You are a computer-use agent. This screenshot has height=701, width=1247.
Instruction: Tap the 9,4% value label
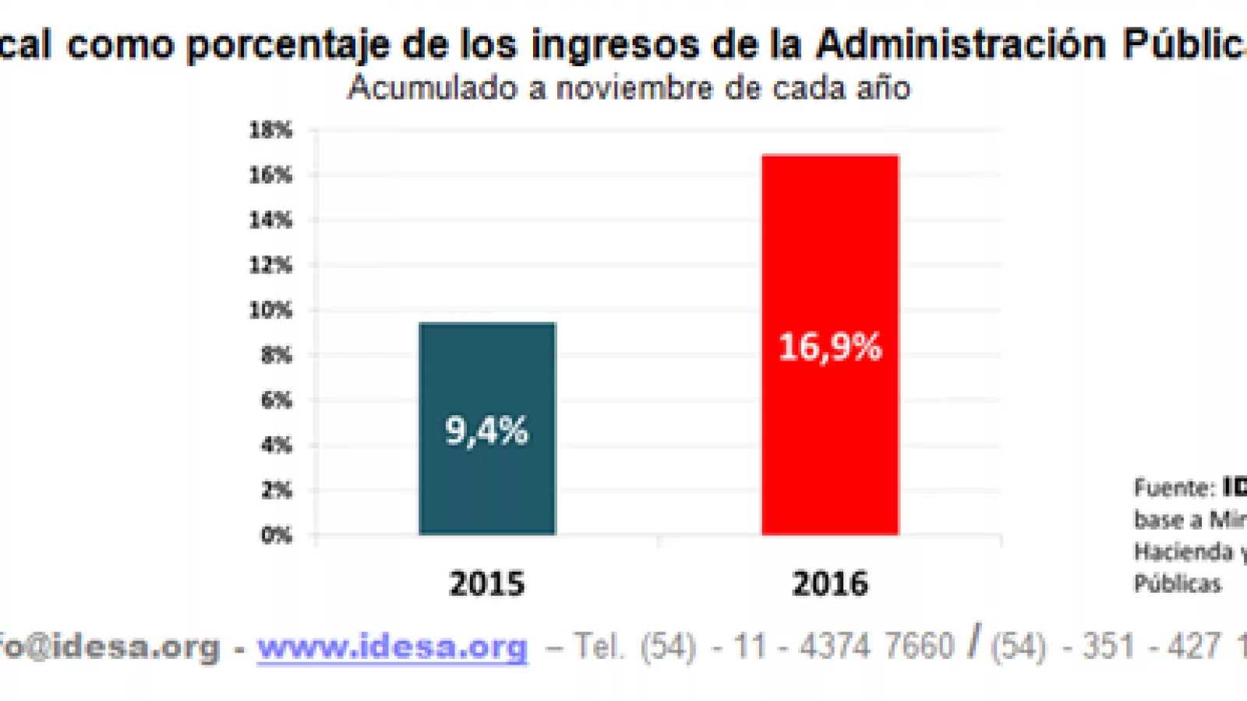click(487, 431)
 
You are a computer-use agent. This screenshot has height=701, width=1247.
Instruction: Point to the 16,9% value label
click(830, 347)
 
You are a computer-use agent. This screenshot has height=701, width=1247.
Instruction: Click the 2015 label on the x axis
click(487, 583)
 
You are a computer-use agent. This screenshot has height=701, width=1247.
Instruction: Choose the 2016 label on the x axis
click(830, 583)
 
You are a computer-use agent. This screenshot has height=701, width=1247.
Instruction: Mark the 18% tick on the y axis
click(270, 130)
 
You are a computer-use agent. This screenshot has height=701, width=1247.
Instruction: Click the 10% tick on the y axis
click(270, 310)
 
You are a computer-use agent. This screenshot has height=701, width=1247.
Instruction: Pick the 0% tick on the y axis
click(276, 535)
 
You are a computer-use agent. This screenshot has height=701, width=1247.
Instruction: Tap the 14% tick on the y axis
click(270, 220)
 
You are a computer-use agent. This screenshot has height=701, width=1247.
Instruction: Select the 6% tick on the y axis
click(276, 400)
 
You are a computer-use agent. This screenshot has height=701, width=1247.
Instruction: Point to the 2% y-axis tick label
click(276, 490)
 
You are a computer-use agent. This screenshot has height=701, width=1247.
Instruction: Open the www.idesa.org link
click(393, 646)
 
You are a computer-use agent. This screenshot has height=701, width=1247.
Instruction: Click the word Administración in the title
click(961, 44)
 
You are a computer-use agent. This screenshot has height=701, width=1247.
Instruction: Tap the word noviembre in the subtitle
click(634, 88)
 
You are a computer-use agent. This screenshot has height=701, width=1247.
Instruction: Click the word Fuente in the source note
click(1173, 488)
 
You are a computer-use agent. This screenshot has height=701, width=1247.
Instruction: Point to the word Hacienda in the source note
click(1183, 552)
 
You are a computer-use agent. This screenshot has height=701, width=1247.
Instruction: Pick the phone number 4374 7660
click(876, 646)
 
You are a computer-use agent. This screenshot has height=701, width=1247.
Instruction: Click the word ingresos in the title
click(614, 45)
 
